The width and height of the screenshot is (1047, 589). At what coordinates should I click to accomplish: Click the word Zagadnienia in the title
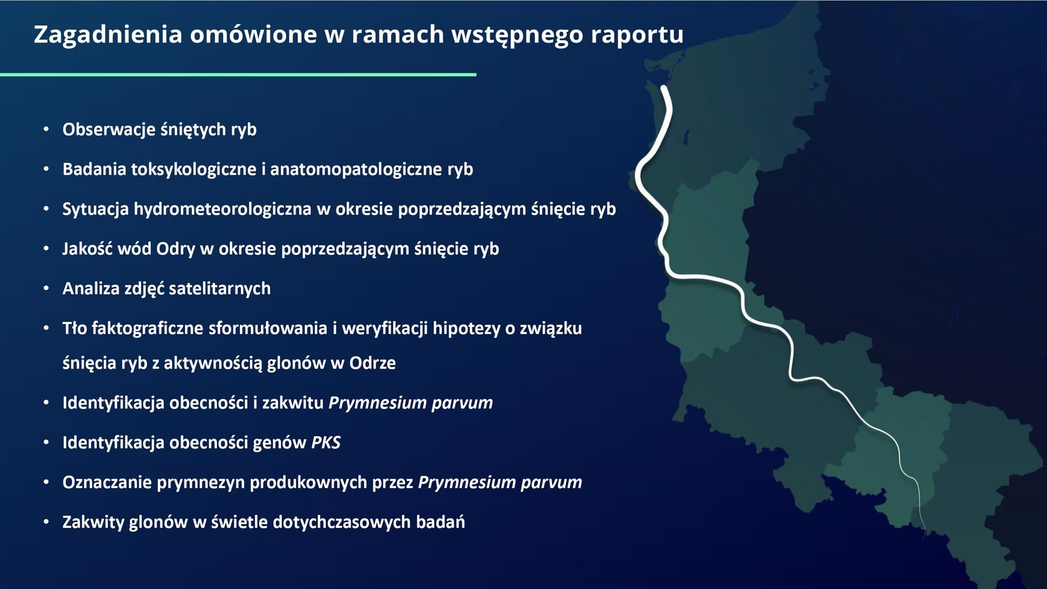click(108, 35)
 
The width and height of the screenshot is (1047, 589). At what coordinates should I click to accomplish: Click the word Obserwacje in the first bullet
click(109, 130)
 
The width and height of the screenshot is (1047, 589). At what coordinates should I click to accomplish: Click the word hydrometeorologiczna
click(222, 209)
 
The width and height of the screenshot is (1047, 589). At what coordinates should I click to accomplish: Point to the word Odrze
click(373, 363)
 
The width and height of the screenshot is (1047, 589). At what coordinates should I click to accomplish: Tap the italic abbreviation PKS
click(326, 443)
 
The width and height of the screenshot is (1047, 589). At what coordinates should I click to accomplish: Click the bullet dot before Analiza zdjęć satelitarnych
click(46, 289)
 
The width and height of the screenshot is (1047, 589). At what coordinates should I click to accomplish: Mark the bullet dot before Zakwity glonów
click(46, 522)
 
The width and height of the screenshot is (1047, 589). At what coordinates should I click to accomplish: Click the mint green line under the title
click(238, 74)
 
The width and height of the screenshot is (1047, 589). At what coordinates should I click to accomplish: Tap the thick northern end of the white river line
click(664, 88)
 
